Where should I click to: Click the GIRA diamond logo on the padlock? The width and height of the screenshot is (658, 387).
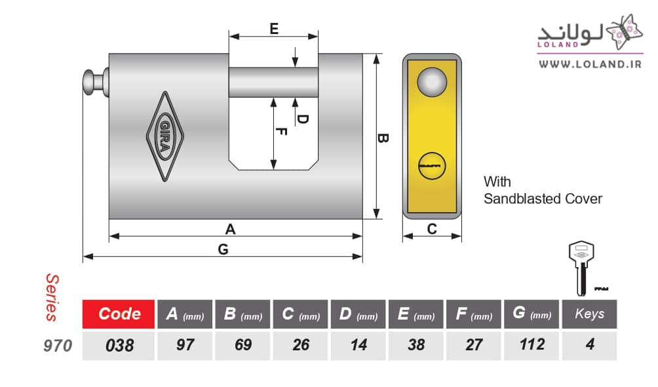[x=165, y=136]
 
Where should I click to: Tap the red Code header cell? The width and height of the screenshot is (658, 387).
[x=119, y=314]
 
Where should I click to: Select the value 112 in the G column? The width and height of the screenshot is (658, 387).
[x=532, y=344]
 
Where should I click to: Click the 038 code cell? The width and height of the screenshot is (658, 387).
[x=119, y=346]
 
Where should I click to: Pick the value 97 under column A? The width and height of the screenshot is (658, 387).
[x=185, y=344]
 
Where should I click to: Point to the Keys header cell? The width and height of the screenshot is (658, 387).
[x=589, y=314]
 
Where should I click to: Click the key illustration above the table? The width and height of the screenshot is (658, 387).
[x=581, y=268]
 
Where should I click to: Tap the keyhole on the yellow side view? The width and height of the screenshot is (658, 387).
[x=431, y=166]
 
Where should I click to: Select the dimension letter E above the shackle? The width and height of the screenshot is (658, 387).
[x=274, y=29]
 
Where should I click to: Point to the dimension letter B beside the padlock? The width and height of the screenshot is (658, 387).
[x=382, y=138]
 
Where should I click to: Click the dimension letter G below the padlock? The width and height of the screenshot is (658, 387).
[x=223, y=249]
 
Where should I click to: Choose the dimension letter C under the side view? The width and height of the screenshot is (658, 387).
[x=432, y=229]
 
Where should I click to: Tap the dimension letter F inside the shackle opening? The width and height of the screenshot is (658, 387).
[x=282, y=132]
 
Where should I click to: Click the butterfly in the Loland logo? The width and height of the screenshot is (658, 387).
[x=625, y=31]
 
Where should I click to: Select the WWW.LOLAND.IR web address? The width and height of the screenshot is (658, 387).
[x=590, y=64]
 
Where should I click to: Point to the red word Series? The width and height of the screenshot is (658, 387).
[x=52, y=298]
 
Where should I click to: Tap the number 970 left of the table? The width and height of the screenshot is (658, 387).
[x=58, y=346]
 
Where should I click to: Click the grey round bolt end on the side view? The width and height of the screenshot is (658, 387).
[x=432, y=82]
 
